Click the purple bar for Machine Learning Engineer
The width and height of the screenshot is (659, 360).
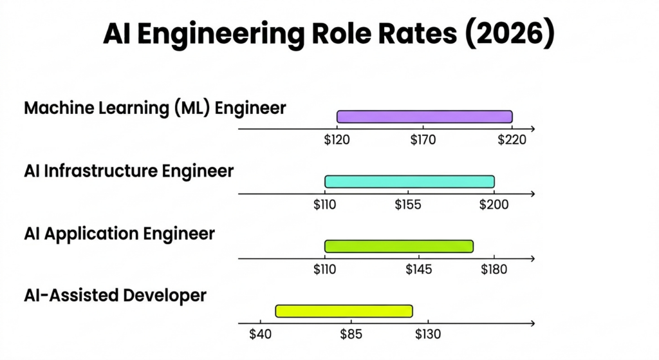(x=425, y=117)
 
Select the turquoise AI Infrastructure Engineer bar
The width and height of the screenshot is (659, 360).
(x=409, y=182)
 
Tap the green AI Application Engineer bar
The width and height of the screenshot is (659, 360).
(x=399, y=246)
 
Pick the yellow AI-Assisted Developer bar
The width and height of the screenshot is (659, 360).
(x=344, y=311)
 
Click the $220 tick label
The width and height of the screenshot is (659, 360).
(x=512, y=140)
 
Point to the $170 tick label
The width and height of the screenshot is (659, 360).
(x=423, y=140)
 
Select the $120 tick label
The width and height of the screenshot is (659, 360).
(x=337, y=140)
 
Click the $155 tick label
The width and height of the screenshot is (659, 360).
(x=408, y=205)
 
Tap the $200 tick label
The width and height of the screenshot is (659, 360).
(x=494, y=205)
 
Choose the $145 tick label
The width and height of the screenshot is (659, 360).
(x=419, y=270)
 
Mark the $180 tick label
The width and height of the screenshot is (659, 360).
(x=494, y=270)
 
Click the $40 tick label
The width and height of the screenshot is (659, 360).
(x=260, y=334)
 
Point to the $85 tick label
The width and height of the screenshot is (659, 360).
(x=351, y=334)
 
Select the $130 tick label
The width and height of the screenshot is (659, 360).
(x=427, y=334)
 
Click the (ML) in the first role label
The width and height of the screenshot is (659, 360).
(x=192, y=108)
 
